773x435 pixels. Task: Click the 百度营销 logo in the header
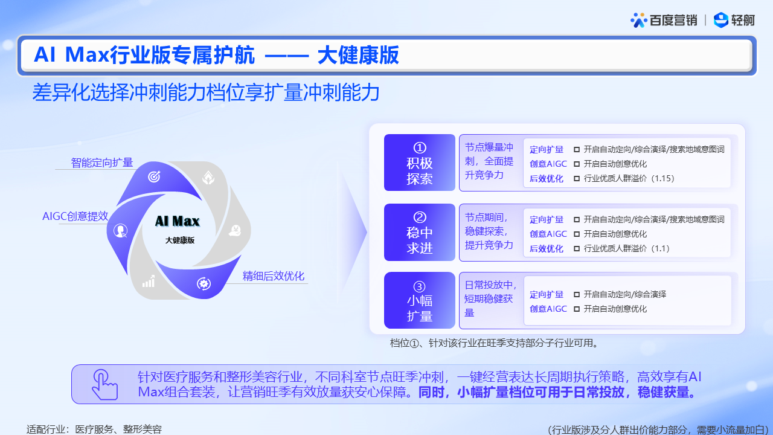pyautogui.click(x=664, y=20)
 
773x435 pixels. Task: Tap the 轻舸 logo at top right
pyautogui.click(x=734, y=20)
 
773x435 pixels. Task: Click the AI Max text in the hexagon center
pyautogui.click(x=178, y=221)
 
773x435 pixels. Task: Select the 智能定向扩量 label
pyautogui.click(x=102, y=163)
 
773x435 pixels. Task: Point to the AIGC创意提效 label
pyautogui.click(x=75, y=216)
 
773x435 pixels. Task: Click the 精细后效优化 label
pyautogui.click(x=274, y=276)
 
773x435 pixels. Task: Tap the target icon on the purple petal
pyautogui.click(x=154, y=176)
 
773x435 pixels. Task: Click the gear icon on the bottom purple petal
pyautogui.click(x=204, y=284)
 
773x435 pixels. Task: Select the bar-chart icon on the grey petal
pyautogui.click(x=149, y=282)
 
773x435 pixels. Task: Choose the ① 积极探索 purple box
pyautogui.click(x=419, y=163)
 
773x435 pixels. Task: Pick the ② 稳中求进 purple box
pyautogui.click(x=419, y=233)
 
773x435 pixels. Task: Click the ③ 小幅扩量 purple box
pyautogui.click(x=419, y=300)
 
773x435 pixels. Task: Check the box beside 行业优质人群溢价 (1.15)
pyautogui.click(x=577, y=178)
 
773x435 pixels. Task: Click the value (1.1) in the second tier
pyautogui.click(x=660, y=248)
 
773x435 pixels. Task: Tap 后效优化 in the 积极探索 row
pyautogui.click(x=547, y=178)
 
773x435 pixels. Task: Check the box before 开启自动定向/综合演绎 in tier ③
pyautogui.click(x=577, y=294)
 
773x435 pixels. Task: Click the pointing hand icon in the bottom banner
pyautogui.click(x=104, y=384)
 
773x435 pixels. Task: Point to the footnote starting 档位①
pyautogui.click(x=494, y=343)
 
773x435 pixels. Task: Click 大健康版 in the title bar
pyautogui.click(x=358, y=55)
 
